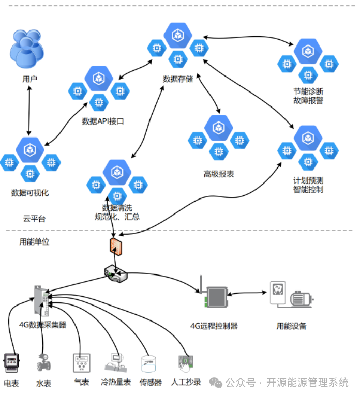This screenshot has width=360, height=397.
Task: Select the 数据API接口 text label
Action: tap(103, 121)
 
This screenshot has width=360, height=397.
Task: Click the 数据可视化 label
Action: tap(30, 193)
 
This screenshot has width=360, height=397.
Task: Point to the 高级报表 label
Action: tap(218, 174)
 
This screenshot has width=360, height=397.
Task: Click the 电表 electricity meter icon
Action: tap(11, 362)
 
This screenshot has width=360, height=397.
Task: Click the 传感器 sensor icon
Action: tap(150, 363)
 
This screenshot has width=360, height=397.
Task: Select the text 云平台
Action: tap(34, 219)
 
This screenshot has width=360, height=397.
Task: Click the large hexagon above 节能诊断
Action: tap(308, 51)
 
